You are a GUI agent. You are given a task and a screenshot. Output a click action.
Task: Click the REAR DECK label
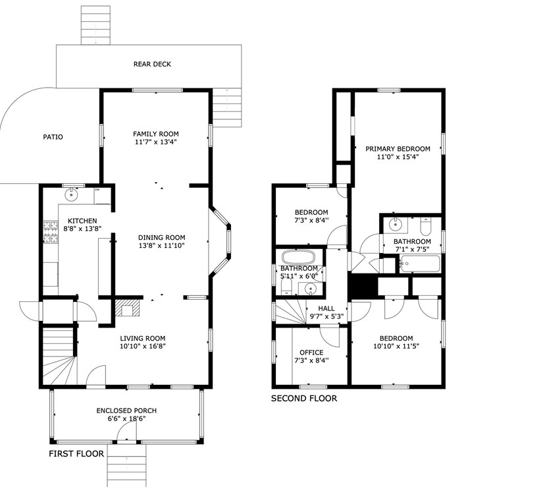[x=152, y=65]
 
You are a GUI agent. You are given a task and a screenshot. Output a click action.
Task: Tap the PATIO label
[x=53, y=137]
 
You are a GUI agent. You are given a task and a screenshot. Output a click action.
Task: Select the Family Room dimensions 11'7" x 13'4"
[x=156, y=142]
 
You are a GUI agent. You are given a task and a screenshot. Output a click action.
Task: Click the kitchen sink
[x=71, y=194]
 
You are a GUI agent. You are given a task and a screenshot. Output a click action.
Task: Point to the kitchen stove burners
[x=51, y=232]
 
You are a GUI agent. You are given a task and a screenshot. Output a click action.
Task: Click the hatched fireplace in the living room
[x=127, y=308]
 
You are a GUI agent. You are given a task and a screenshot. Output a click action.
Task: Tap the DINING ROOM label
[x=161, y=237]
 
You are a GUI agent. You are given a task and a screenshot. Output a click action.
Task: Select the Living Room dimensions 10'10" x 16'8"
[x=142, y=346]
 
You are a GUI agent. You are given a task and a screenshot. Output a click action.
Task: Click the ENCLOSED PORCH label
[x=126, y=411]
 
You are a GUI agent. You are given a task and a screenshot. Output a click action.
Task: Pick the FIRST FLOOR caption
[x=76, y=454]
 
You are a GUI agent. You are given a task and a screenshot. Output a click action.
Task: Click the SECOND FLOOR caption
[x=304, y=398]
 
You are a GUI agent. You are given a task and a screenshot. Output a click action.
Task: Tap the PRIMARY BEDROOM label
[x=398, y=149]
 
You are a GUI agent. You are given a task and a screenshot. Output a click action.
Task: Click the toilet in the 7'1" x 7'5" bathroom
[x=426, y=227]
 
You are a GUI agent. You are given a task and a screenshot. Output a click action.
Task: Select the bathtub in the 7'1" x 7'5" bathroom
[x=420, y=264]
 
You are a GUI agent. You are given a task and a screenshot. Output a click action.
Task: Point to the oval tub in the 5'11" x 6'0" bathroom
[x=298, y=258]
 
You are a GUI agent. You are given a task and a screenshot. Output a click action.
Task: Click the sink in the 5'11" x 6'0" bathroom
[x=311, y=289]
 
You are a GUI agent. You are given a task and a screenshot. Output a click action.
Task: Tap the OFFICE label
[x=311, y=353]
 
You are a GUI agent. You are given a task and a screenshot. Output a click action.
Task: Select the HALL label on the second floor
[x=326, y=308]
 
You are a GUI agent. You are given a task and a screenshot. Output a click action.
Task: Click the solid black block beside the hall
[x=364, y=286]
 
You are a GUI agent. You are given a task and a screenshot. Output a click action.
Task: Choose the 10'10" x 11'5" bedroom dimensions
[x=396, y=346]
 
